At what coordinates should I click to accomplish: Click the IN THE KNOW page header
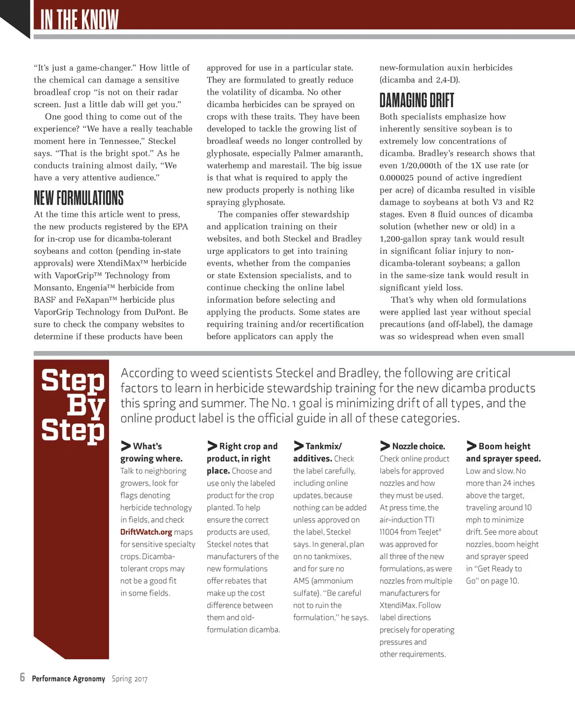pos(79,20)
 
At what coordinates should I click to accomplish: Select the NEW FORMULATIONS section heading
pos(79,198)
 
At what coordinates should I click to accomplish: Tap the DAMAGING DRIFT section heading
pos(417,101)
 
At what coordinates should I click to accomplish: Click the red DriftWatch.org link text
pos(146,532)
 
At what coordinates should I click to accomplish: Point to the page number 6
pos(22,677)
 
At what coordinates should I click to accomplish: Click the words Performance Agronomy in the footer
pos(69,678)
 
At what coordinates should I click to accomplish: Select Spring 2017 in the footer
pos(129,678)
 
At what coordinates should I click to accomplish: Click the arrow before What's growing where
pos(126,446)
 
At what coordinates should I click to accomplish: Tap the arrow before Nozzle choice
pos(385,446)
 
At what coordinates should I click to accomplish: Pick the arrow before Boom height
pos(472,446)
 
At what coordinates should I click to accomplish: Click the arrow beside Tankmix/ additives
pos(299,446)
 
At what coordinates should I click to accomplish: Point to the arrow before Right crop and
pos(212,446)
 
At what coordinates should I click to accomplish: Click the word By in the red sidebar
pos(86,405)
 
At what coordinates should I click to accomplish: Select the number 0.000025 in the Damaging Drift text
pos(402,177)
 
